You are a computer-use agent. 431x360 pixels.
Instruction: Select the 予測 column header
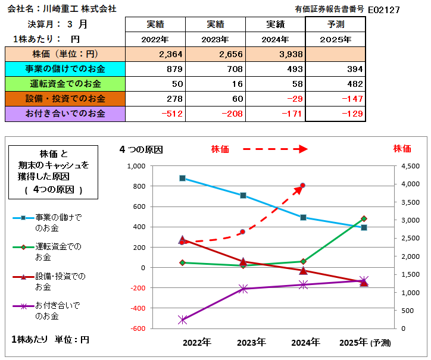335,24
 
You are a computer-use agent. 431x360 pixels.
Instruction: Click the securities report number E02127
384,10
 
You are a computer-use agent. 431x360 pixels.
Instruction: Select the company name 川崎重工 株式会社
83,9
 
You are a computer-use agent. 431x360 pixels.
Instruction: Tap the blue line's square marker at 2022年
182,178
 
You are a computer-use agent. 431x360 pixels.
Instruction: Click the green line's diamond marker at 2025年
364,219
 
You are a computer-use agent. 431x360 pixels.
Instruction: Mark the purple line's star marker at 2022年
182,320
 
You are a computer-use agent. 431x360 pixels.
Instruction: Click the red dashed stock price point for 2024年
303,186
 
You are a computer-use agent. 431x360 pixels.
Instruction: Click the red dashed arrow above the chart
274,149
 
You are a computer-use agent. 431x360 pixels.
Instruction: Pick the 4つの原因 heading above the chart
141,149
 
